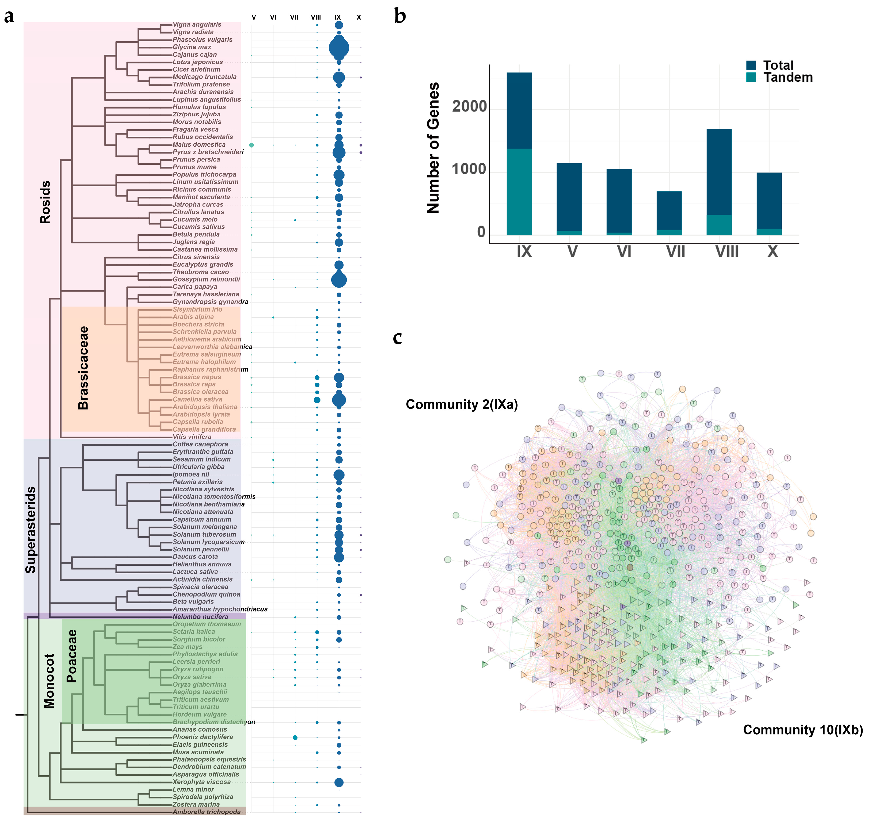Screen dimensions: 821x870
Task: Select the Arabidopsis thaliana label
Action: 204,407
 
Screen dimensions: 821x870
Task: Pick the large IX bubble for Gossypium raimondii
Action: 339,280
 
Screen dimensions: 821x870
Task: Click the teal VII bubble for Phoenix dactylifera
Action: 295,738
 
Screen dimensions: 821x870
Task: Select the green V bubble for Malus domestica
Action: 251,145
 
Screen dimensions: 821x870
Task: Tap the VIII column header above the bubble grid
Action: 315,17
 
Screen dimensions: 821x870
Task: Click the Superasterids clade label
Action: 31,529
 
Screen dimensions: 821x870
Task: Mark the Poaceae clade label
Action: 71,656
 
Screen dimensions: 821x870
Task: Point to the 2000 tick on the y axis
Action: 469,107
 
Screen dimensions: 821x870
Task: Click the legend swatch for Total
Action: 751,65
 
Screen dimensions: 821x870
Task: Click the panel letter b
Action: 399,16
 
